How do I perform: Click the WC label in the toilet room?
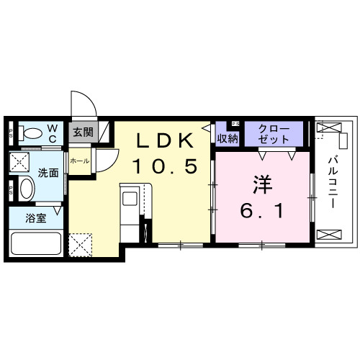53,133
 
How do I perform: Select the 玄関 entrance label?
83,132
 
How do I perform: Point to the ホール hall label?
79,161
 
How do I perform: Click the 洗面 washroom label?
48,173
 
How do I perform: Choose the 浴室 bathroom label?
37,218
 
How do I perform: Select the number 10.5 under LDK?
163,166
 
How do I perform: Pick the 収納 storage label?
228,137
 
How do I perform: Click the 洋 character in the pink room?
260,186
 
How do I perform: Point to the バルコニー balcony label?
333,181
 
